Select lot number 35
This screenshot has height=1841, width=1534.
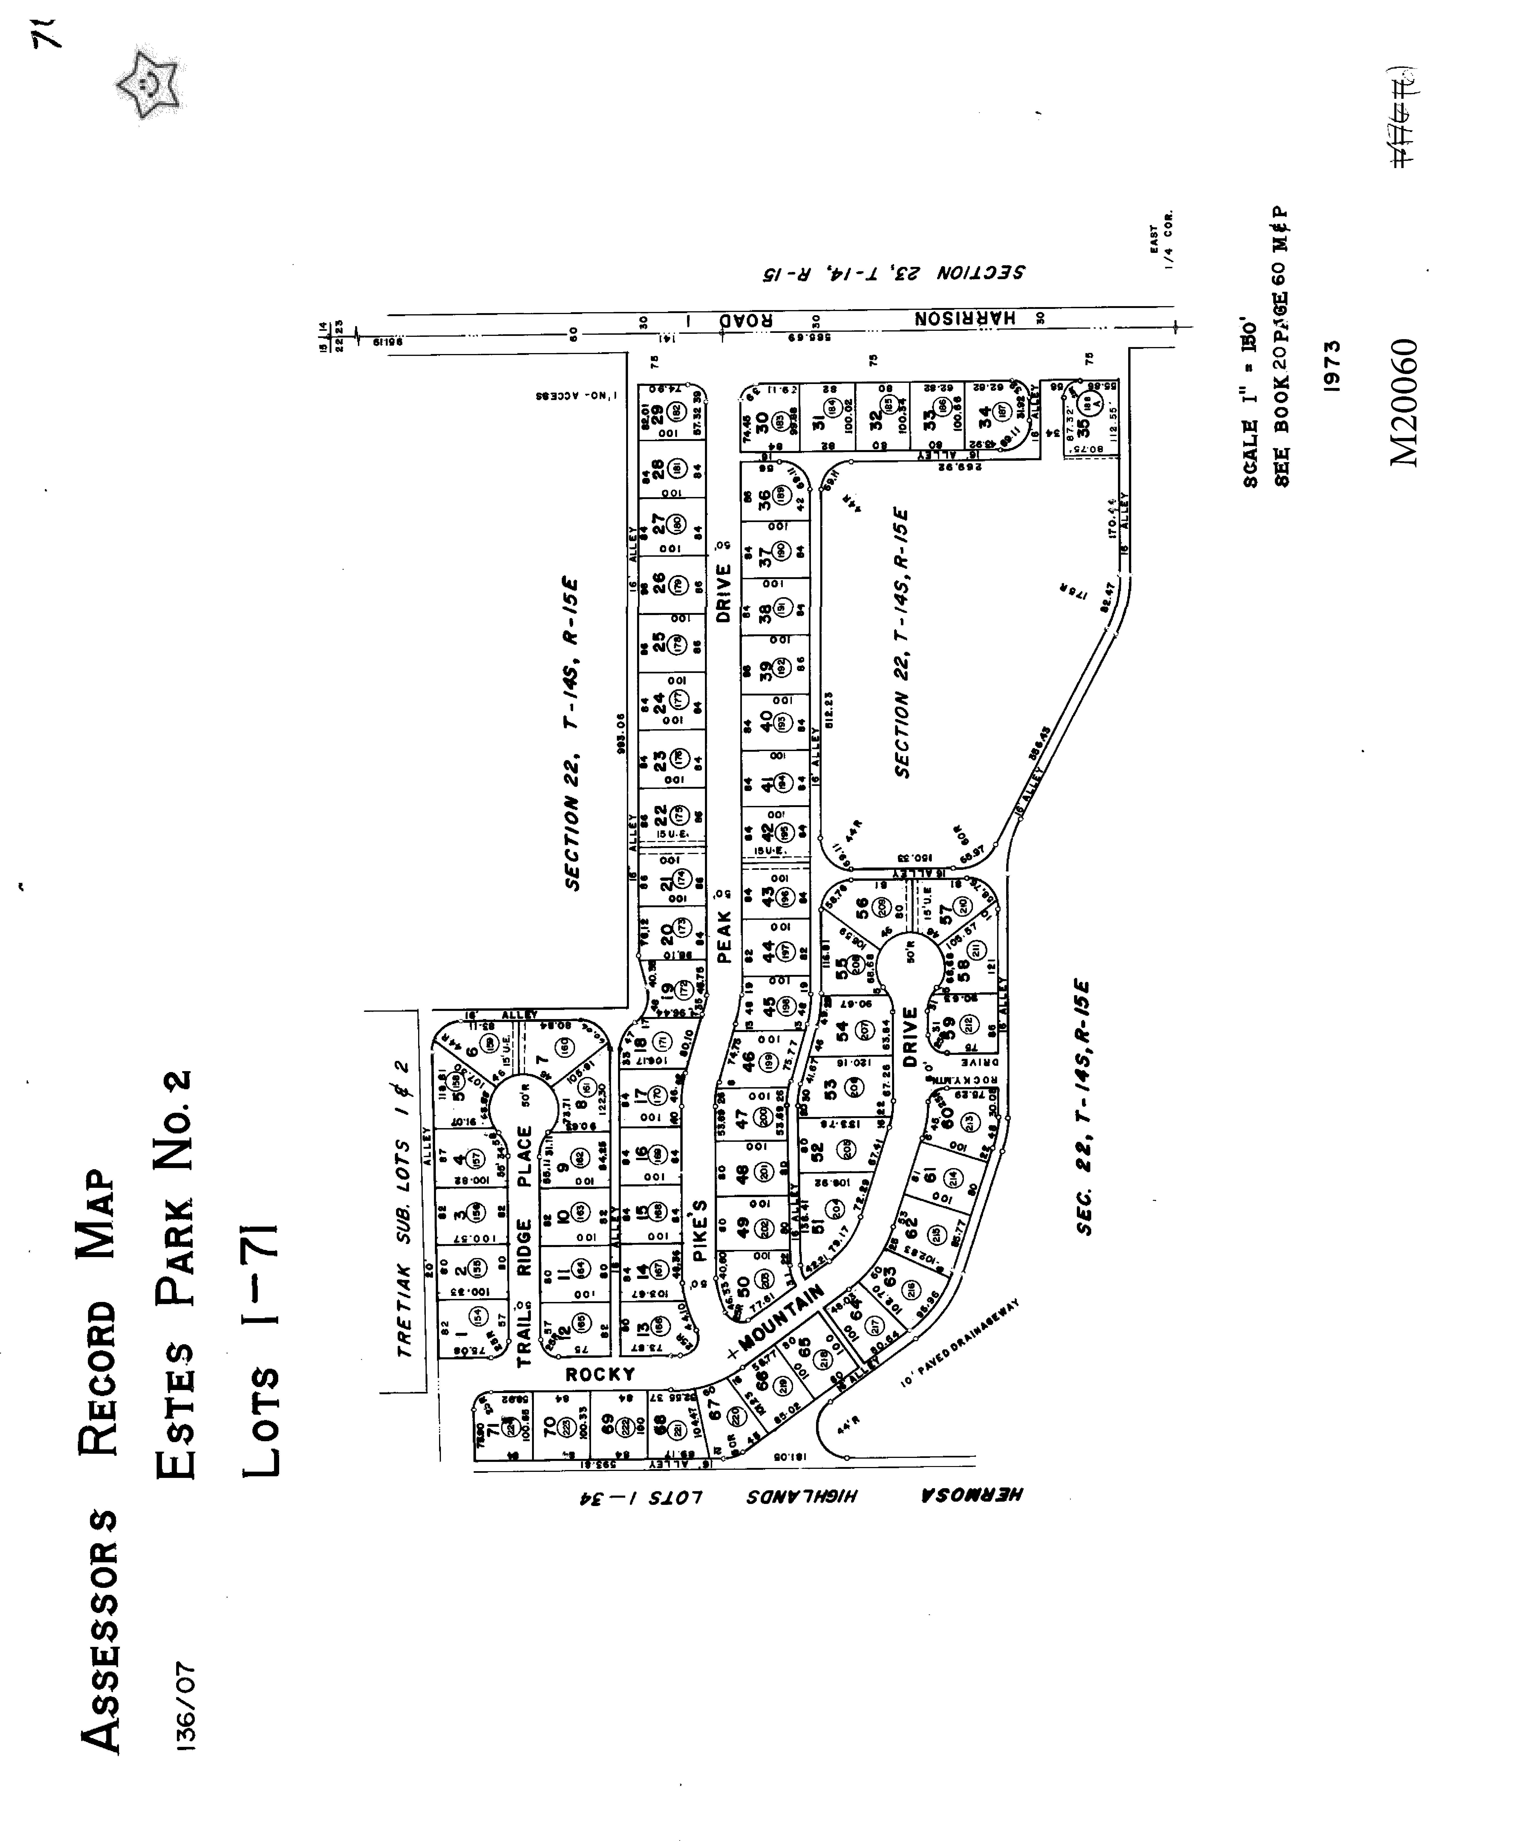point(1083,427)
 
